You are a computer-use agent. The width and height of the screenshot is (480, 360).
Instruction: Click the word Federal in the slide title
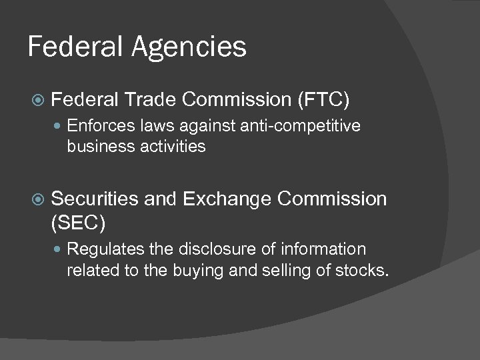click(70, 47)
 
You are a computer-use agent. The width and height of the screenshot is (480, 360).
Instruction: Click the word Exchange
click(227, 199)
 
